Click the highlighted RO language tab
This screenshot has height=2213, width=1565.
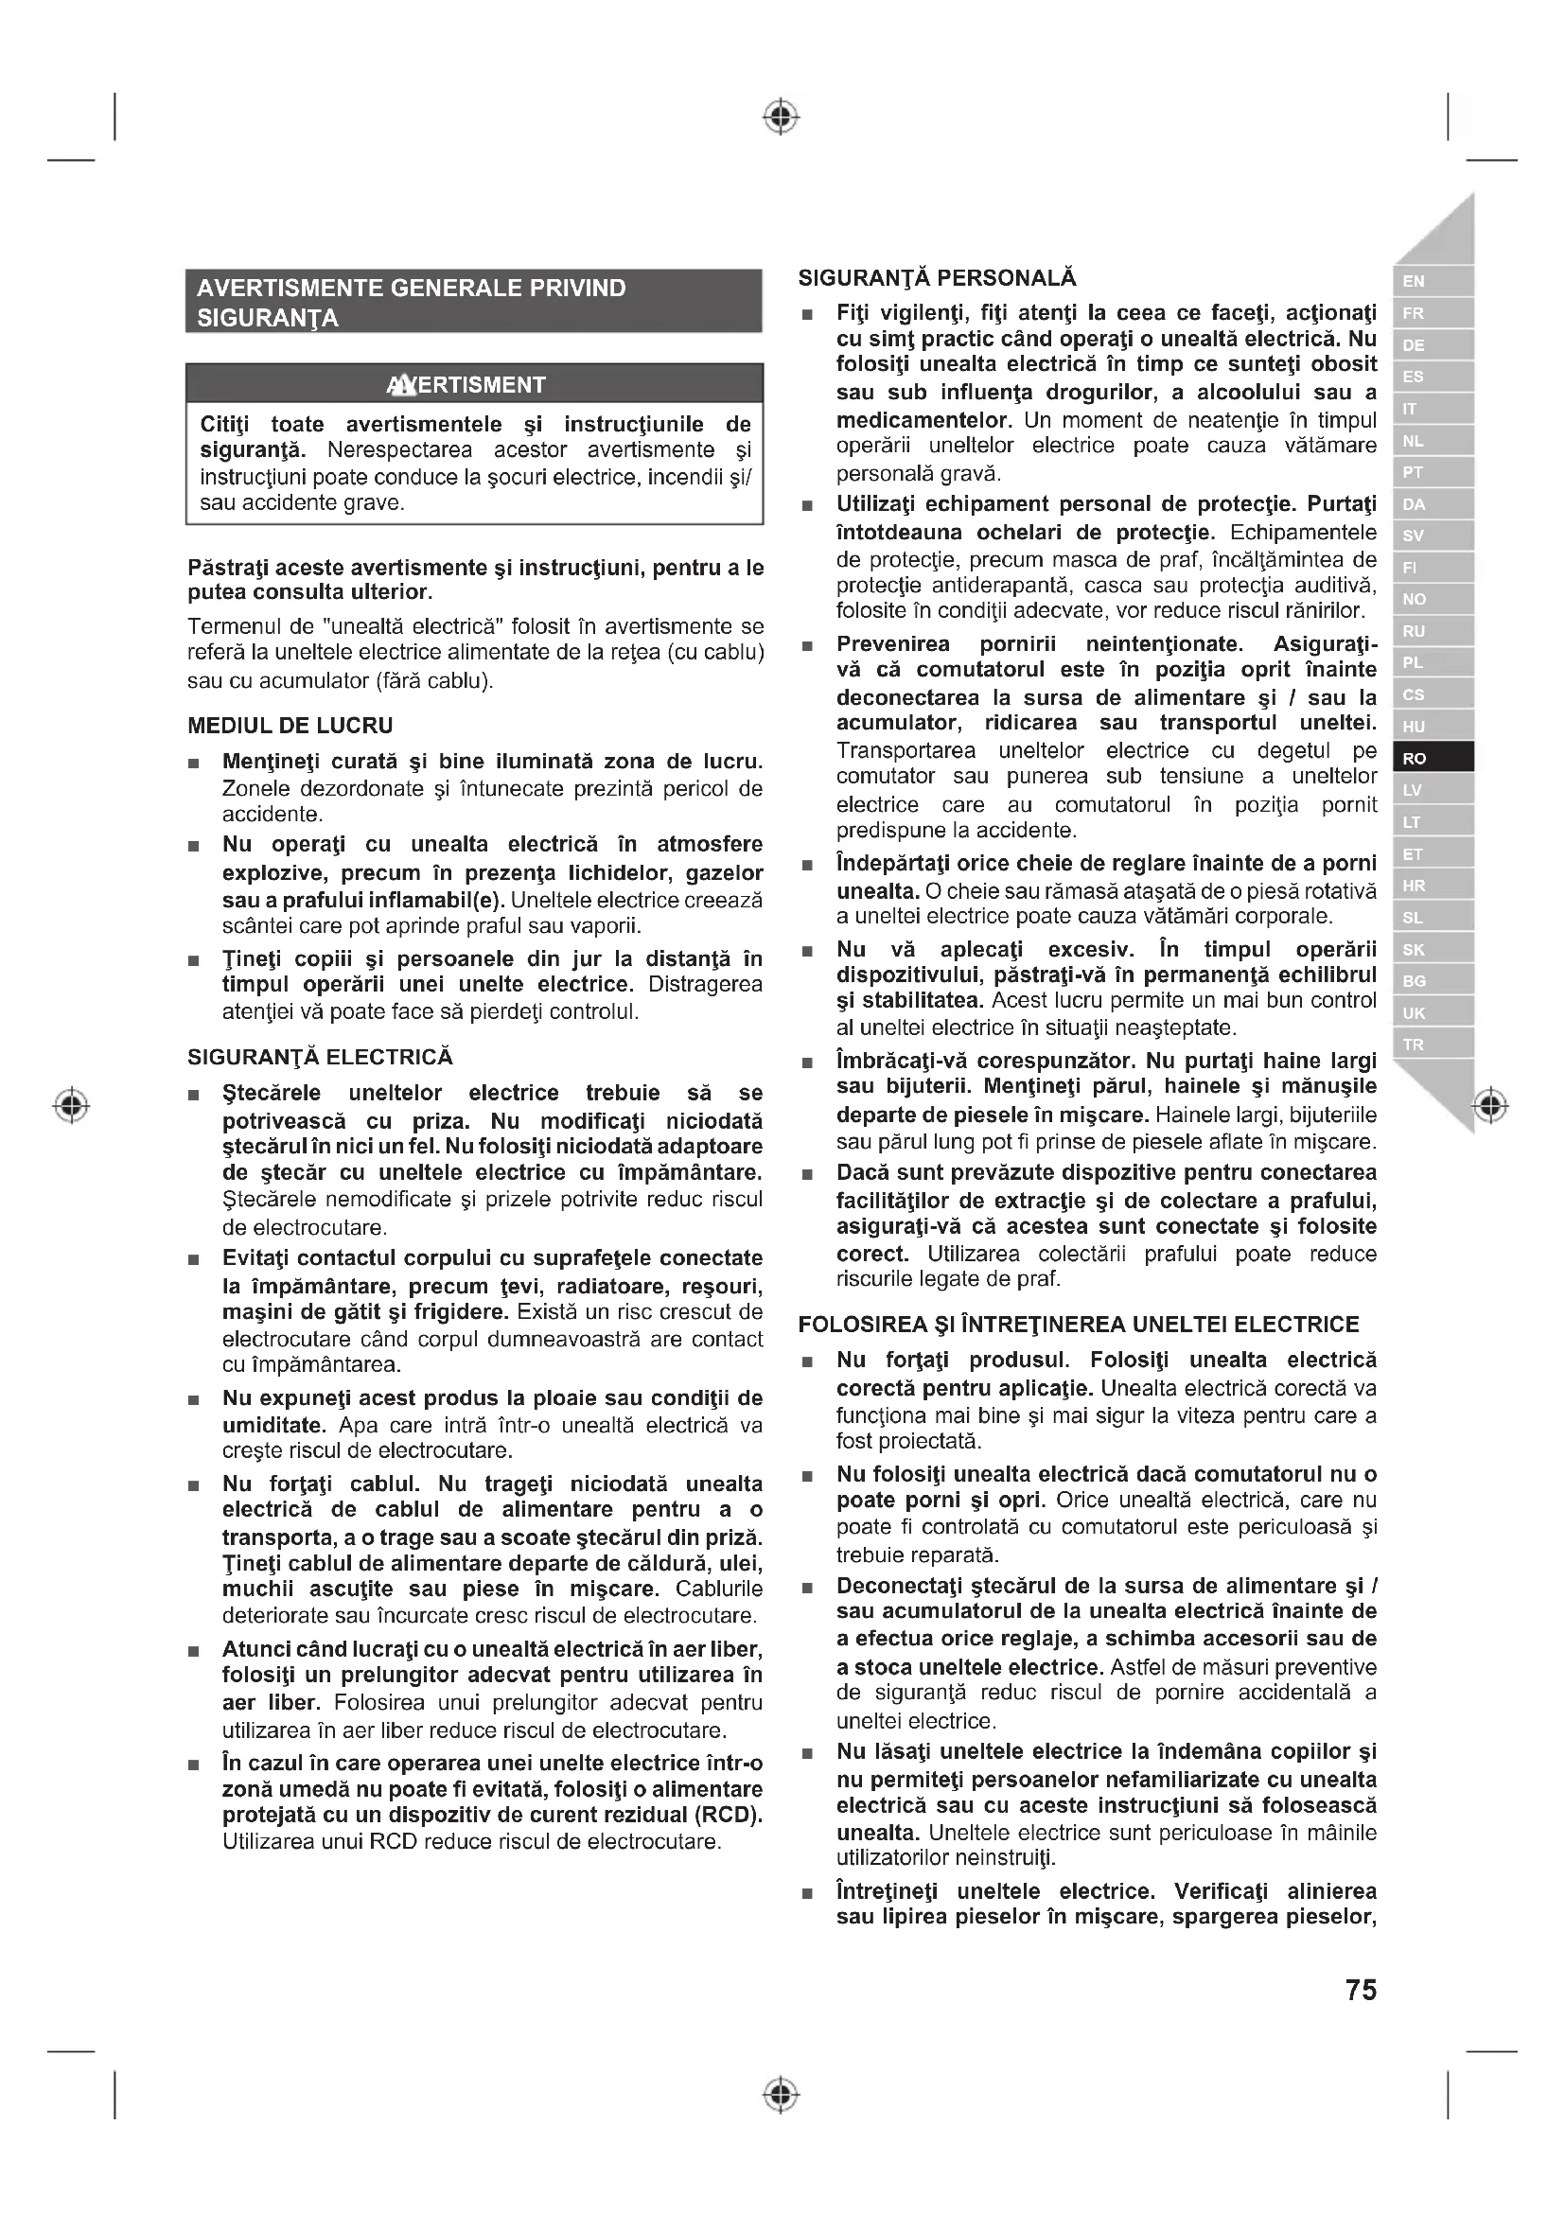click(x=1432, y=758)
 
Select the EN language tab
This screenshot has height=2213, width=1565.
click(x=1432, y=281)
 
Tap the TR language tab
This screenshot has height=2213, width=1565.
click(x=1432, y=1045)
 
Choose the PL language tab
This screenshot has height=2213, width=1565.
click(x=1432, y=663)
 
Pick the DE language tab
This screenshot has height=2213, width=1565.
click(x=1432, y=345)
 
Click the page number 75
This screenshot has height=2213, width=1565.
click(x=1361, y=1991)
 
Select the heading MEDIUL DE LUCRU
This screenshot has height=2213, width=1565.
click(x=290, y=726)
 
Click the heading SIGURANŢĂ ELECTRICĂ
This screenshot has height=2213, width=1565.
click(x=320, y=1058)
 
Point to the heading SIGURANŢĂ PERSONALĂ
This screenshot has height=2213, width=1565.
click(x=937, y=278)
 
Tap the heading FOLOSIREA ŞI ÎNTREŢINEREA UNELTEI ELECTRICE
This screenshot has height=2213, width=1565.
click(x=1079, y=1325)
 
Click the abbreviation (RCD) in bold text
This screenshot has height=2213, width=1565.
click(x=729, y=1814)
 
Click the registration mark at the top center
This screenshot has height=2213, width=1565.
click(x=782, y=116)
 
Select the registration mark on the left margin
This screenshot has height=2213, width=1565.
click(x=71, y=1104)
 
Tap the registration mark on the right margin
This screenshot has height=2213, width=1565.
click(x=1491, y=1104)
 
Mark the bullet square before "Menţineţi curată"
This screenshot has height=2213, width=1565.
click(x=195, y=764)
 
